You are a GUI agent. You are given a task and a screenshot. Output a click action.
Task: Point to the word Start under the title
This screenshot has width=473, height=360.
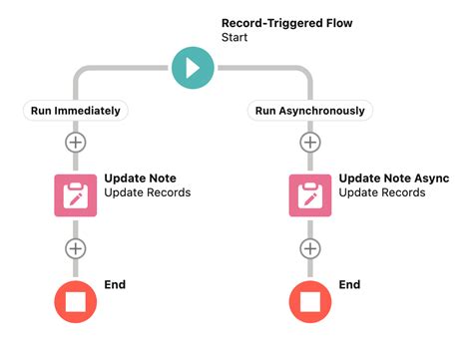coord(236,37)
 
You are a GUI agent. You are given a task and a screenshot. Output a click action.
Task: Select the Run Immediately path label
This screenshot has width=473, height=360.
coord(76,111)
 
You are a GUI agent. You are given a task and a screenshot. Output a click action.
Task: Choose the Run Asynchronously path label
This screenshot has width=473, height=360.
coord(311,111)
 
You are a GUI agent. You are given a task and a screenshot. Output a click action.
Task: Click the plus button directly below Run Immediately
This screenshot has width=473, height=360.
coord(76,143)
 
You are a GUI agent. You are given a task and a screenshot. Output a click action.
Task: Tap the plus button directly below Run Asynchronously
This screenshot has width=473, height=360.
coord(311,143)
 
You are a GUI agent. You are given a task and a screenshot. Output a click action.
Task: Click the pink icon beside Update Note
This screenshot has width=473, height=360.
coord(76,195)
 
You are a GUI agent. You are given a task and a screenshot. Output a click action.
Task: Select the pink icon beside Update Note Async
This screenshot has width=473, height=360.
coord(311,195)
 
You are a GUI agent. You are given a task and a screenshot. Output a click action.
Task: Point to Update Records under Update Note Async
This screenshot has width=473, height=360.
coord(382,193)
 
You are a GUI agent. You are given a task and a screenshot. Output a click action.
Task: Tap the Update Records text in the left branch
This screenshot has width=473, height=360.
coord(148,193)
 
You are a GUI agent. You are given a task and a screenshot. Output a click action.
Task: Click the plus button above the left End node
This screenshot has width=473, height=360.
coord(76,248)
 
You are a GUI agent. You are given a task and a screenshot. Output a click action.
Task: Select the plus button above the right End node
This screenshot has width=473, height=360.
coord(311,248)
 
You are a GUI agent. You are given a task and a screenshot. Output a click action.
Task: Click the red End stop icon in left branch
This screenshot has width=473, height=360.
coord(76,301)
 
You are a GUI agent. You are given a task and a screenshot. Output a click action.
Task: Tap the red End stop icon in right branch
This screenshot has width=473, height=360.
coord(311,301)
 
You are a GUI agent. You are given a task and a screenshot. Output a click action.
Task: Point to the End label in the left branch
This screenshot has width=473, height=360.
coord(116,285)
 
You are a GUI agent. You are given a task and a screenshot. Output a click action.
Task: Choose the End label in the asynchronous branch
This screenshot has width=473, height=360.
coord(350,285)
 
